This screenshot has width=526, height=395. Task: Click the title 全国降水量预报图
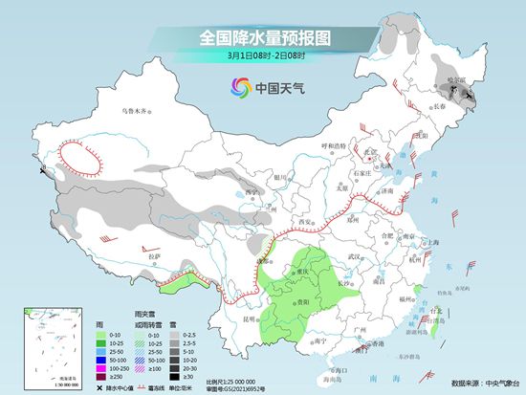click(264, 39)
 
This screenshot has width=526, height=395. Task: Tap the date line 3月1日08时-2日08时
click(263, 56)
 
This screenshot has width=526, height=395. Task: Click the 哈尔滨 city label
click(456, 82)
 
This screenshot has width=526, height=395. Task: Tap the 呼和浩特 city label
click(331, 145)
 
